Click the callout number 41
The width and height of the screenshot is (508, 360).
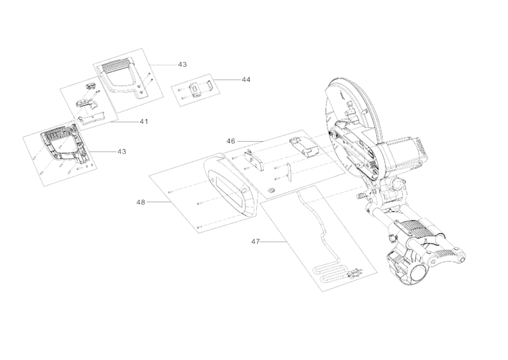coord(143,121)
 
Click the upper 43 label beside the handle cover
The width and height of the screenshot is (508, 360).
coord(182,64)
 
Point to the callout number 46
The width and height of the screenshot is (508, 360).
coord(231,142)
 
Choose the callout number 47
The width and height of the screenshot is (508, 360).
coord(255,241)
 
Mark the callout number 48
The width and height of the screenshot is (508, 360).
coord(141,202)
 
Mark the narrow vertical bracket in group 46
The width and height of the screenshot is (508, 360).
coord(287,171)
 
